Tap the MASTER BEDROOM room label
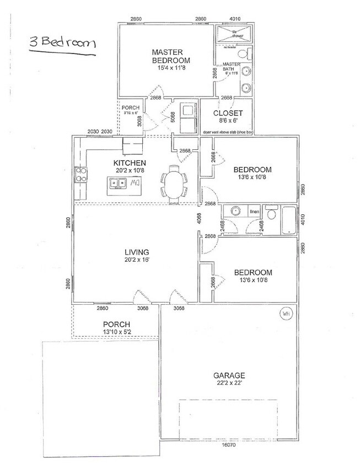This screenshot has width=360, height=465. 171,57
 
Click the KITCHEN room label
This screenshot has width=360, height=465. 130,163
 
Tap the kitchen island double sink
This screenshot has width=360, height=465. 118,183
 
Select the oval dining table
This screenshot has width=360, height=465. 173,185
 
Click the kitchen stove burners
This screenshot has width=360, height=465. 80,175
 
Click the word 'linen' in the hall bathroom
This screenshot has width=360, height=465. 254,212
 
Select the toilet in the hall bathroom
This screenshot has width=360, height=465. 271,214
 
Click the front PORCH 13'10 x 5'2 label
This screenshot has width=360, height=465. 116,327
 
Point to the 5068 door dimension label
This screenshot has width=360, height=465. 172,116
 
